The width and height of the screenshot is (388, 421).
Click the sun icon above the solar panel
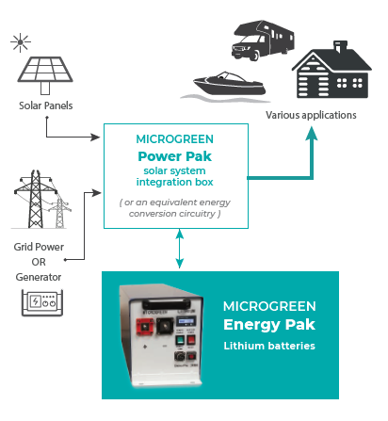[19, 42]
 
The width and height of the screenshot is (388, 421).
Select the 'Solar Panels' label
[45, 104]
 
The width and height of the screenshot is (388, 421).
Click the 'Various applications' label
[311, 115]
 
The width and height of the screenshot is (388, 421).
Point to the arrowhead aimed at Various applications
[312, 131]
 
